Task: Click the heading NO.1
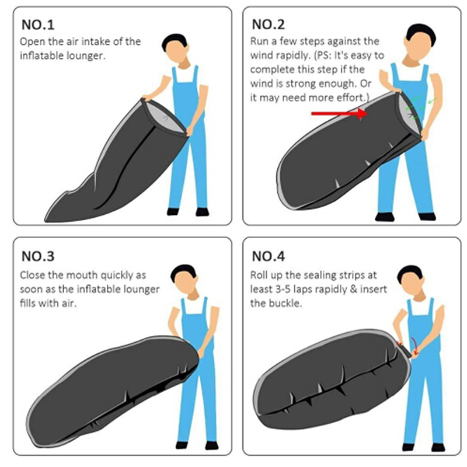click(38, 25)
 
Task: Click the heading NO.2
click(269, 25)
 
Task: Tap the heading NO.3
click(38, 256)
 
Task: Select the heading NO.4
click(269, 256)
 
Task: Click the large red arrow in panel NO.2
click(339, 113)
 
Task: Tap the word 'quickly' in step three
click(116, 276)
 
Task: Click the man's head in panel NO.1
click(176, 48)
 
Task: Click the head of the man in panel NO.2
click(420, 43)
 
